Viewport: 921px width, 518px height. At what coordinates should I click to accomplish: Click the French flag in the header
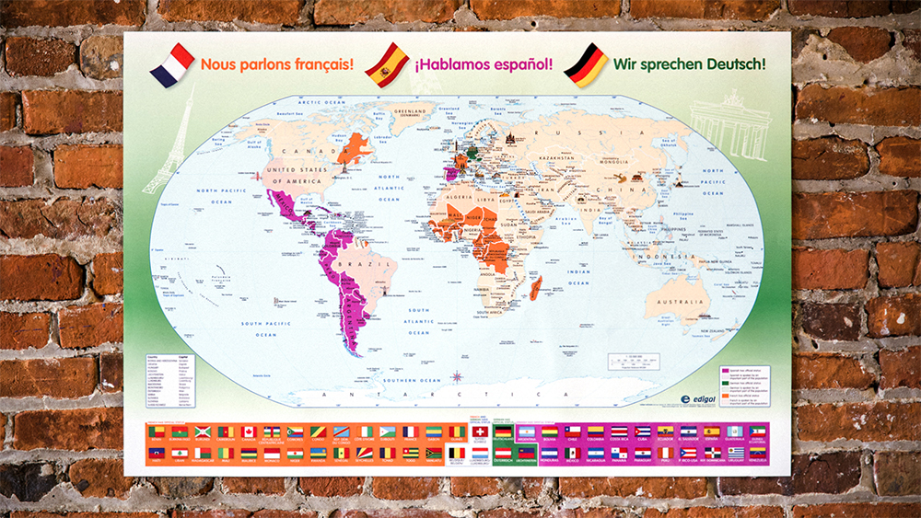pyautogui.click(x=172, y=65)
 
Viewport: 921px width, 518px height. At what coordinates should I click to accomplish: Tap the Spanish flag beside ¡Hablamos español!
pyautogui.click(x=387, y=64)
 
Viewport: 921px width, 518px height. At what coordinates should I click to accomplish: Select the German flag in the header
pyautogui.click(x=586, y=65)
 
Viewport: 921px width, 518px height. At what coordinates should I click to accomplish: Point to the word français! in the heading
pyautogui.click(x=313, y=65)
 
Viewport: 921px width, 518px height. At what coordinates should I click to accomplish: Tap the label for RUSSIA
pyautogui.click(x=568, y=134)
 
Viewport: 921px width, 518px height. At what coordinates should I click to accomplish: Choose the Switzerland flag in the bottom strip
pyautogui.click(x=480, y=432)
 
